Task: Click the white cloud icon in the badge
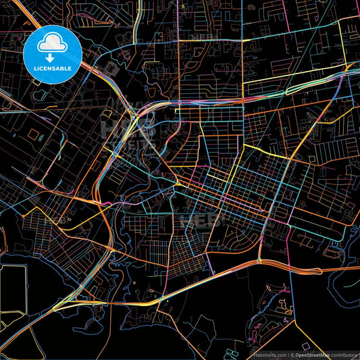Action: click(x=53, y=45)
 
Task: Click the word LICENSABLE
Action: click(x=53, y=68)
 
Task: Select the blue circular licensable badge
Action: click(x=53, y=54)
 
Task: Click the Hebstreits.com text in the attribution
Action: click(x=269, y=354)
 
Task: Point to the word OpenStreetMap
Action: click(x=311, y=354)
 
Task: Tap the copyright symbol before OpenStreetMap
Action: click(x=292, y=354)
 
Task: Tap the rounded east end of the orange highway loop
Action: click(x=257, y=261)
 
